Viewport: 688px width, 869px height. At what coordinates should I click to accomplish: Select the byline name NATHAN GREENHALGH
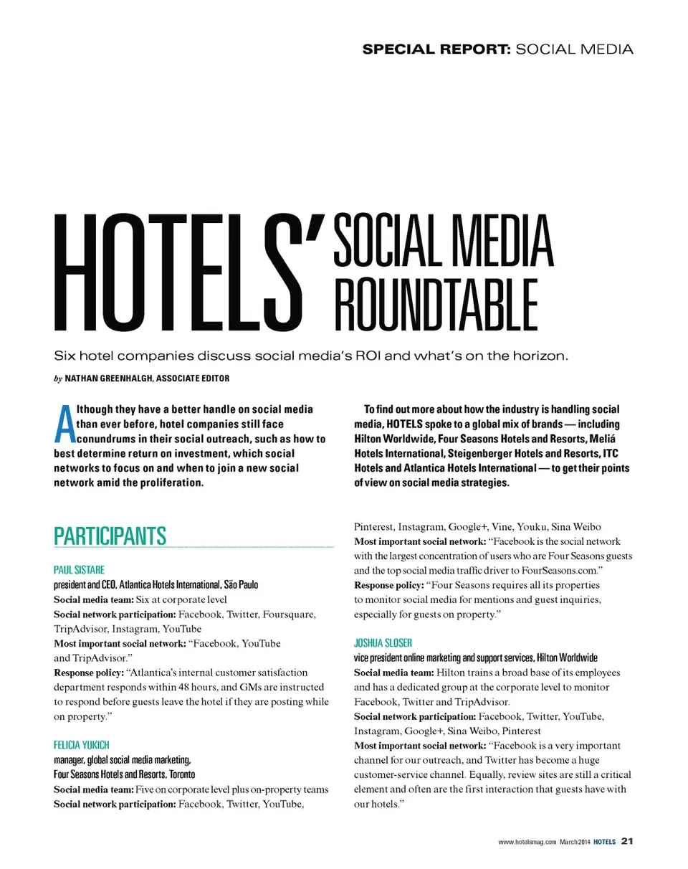[107, 378]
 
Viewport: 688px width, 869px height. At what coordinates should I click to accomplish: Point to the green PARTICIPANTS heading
[110, 536]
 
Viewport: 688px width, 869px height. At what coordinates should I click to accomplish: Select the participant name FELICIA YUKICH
[82, 745]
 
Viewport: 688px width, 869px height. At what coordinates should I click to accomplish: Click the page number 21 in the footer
[627, 840]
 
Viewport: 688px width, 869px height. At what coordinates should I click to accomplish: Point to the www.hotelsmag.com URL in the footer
[527, 841]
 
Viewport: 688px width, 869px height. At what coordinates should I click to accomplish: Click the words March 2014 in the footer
[575, 841]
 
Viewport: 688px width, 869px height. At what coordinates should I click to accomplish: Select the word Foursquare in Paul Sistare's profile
[290, 614]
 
